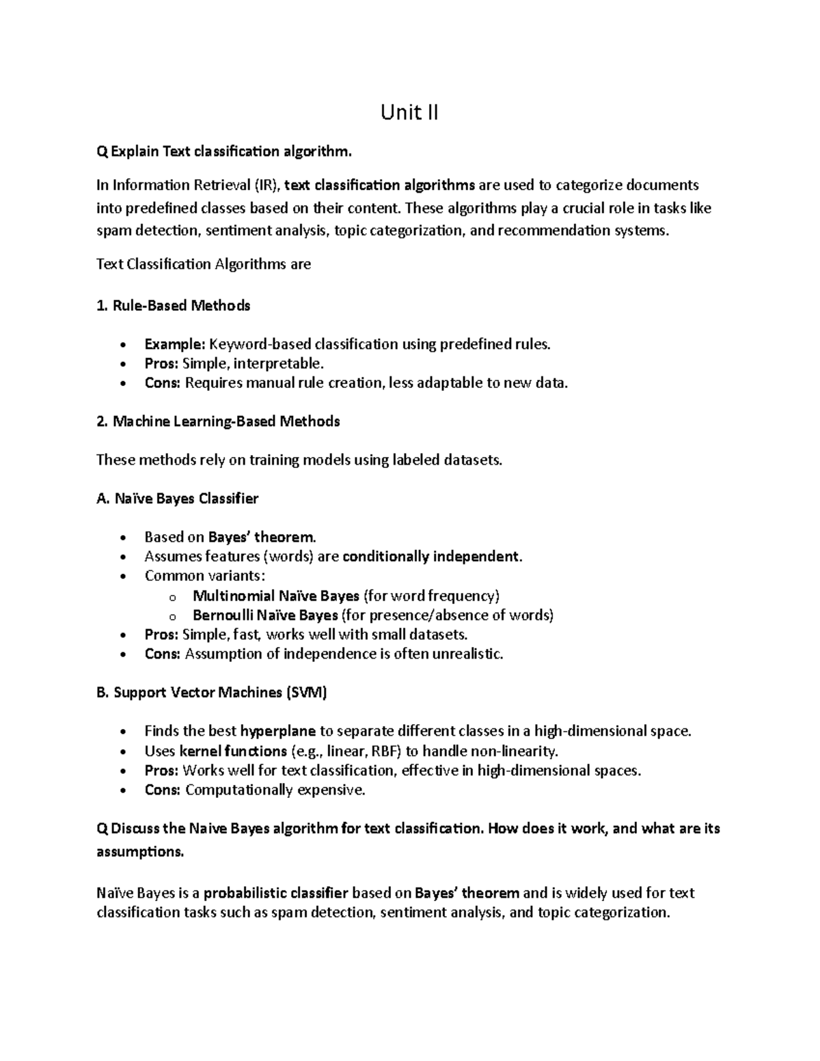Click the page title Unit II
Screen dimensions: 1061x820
pos(409,112)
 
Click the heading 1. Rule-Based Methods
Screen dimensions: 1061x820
pos(174,305)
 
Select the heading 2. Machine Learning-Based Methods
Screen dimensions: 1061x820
pos(218,422)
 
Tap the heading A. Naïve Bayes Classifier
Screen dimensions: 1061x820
pos(178,499)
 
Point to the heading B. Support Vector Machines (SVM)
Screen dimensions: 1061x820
pos(212,693)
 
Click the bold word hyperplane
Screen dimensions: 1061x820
pos(278,732)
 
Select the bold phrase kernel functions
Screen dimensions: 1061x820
pos(232,752)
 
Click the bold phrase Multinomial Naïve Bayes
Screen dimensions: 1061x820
pos(276,596)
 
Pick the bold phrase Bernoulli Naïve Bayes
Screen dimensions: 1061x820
pos(265,615)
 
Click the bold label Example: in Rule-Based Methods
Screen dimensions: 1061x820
pos(174,344)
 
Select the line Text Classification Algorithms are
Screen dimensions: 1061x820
pos(204,264)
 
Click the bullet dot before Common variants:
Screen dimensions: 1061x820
pos(123,577)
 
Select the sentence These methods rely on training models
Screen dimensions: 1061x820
pos(299,460)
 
